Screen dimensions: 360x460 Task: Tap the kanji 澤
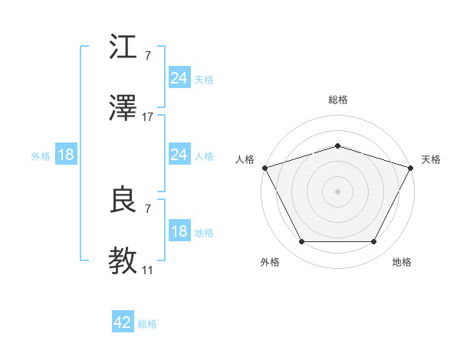(x=123, y=110)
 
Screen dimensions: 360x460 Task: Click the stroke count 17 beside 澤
(x=148, y=117)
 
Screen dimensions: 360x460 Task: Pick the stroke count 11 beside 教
(x=148, y=270)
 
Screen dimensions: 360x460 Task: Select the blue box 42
(x=123, y=322)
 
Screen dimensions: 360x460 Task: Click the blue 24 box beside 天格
(x=179, y=78)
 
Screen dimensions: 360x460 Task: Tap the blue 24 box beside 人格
(x=179, y=155)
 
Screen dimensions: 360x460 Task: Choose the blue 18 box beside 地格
(x=179, y=231)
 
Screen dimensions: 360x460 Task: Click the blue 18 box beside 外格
(x=66, y=155)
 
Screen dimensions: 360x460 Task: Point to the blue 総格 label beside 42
(x=147, y=324)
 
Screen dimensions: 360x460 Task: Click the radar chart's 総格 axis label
(x=337, y=100)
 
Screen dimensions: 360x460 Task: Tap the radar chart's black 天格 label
(x=431, y=159)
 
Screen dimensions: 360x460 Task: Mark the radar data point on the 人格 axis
(x=264, y=168)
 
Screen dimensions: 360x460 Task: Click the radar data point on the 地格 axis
(x=373, y=242)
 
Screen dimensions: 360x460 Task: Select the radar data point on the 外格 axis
(x=301, y=242)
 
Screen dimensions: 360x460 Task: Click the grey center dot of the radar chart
(x=337, y=191)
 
